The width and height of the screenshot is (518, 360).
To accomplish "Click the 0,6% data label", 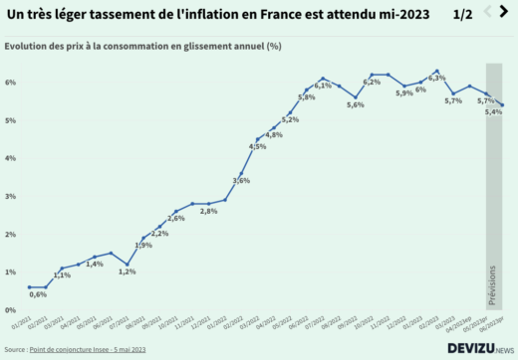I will click(39, 294).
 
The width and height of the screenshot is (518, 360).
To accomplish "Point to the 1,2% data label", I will click(127, 271).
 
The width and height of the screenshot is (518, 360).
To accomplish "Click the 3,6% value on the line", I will click(241, 180).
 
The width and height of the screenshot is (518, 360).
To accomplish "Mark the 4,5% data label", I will click(257, 146).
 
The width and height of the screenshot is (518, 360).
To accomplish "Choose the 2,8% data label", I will click(208, 211).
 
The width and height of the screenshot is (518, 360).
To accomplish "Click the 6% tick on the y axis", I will click(8, 83).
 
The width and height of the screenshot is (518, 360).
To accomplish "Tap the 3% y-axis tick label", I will click(8, 196).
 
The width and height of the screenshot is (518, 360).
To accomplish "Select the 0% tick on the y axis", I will click(8, 309).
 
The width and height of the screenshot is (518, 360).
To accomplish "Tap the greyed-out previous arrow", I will click(487, 12).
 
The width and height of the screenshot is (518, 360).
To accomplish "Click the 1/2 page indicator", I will click(462, 14).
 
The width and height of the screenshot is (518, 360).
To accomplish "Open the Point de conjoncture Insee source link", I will click(89, 350).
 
